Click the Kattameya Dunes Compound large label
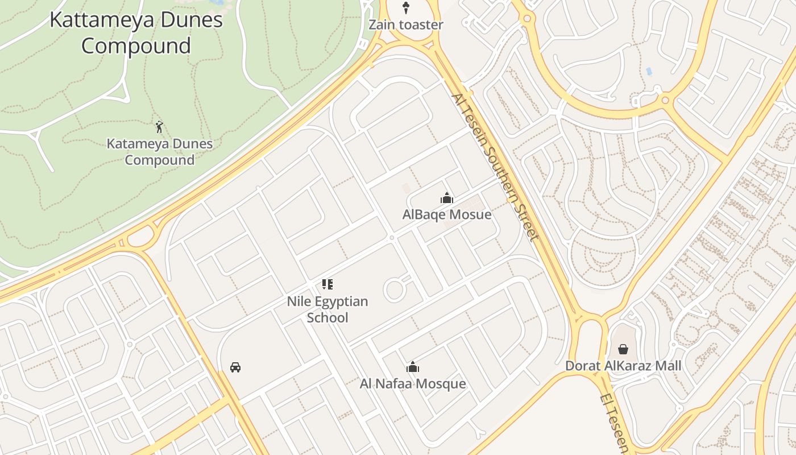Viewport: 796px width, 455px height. point(136,32)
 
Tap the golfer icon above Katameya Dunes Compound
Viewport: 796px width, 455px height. point(159,126)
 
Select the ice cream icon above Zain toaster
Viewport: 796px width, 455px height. point(405,8)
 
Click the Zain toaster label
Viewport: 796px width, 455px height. point(405,25)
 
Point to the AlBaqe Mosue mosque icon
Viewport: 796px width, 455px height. point(447,198)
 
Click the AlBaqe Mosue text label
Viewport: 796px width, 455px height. point(447,215)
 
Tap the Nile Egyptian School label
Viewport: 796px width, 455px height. point(327,309)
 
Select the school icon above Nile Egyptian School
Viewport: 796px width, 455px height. point(327,284)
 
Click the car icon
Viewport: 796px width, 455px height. point(235,367)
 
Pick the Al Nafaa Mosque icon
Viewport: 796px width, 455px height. point(413,367)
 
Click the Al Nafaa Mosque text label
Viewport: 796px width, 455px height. point(413,384)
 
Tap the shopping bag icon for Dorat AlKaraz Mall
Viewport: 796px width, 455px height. point(623,349)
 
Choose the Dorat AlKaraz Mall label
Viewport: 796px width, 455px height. point(623,366)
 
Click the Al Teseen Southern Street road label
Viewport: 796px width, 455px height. point(495,167)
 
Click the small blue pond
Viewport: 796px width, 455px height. point(649,72)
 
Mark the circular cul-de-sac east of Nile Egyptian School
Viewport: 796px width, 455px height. point(394,290)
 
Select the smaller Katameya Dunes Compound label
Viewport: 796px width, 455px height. point(160,152)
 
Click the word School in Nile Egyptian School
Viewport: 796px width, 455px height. point(327,317)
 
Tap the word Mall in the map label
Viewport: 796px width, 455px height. point(668,366)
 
